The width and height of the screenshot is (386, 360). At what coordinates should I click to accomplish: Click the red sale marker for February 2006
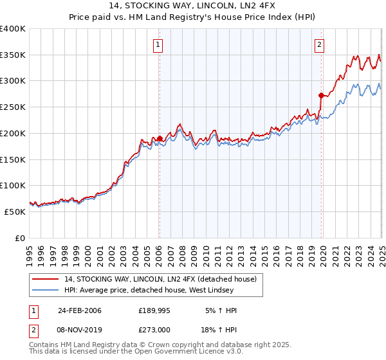point(160,138)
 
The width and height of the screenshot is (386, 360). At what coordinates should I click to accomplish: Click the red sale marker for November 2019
point(320,94)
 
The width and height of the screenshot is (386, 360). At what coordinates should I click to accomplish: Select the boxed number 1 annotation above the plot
point(158,44)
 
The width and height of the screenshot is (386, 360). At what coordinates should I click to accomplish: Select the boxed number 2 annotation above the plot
point(319,44)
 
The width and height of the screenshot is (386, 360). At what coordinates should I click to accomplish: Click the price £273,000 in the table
point(154,330)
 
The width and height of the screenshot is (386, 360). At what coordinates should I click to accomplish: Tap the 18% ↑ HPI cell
point(219,330)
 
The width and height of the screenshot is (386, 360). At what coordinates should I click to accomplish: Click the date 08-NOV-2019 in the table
point(79,330)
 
